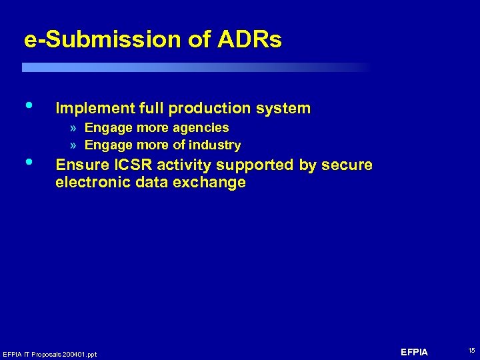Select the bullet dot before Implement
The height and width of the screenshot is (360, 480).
(x=28, y=105)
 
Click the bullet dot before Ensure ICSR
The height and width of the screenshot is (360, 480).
(x=28, y=162)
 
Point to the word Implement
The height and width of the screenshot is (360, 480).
(x=96, y=108)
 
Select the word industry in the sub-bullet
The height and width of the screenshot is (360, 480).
(x=215, y=145)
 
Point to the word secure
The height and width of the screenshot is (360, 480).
(x=349, y=165)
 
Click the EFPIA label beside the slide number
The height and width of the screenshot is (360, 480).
(x=415, y=351)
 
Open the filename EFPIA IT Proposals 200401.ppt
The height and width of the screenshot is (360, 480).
(x=50, y=354)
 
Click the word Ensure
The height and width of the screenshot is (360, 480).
(x=79, y=165)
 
